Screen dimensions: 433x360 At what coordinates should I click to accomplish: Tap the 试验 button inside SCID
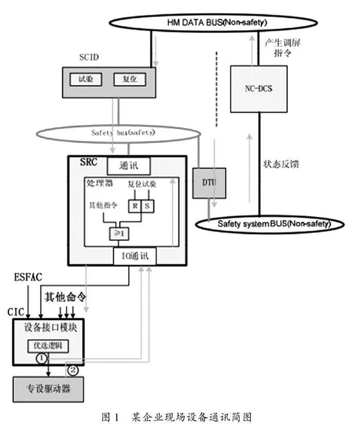[x=86, y=79]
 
